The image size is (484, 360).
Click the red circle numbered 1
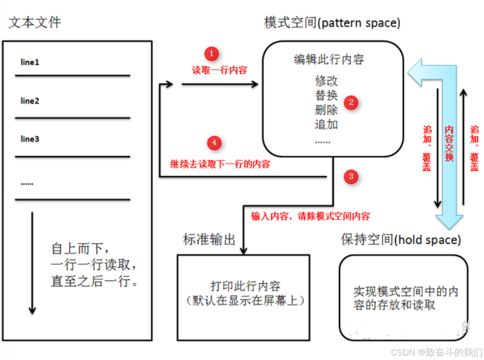tap(211, 54)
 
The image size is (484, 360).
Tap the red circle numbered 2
tap(351, 103)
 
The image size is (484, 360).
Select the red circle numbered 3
tap(352, 177)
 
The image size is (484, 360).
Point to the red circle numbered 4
tap(214, 143)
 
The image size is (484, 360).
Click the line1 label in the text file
tap(30, 62)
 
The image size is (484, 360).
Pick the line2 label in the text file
tap(30, 101)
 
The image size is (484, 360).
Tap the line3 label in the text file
tap(30, 139)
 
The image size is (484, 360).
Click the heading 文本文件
tap(34, 23)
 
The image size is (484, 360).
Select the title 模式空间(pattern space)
tap(332, 23)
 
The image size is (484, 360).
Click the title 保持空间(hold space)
tap(401, 240)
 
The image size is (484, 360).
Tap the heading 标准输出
tap(209, 240)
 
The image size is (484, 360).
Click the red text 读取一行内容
tap(220, 70)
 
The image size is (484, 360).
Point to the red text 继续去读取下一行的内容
tap(220, 164)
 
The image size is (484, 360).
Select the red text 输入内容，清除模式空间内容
tap(310, 216)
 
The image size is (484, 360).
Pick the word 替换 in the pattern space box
tap(326, 96)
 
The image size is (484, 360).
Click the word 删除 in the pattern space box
tap(326, 110)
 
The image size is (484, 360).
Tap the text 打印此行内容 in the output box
tap(245, 286)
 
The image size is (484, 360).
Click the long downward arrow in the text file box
tap(32, 262)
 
